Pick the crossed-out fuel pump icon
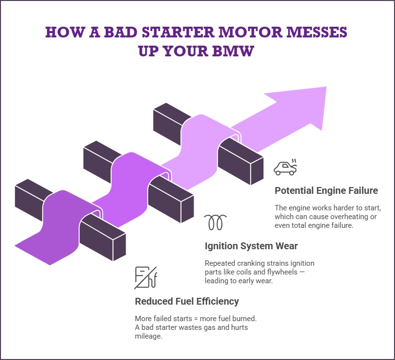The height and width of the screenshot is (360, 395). (145, 277)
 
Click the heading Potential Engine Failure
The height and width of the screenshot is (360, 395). (326, 190)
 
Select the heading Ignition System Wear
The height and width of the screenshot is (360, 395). (251, 245)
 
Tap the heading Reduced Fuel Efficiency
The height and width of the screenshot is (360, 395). (187, 301)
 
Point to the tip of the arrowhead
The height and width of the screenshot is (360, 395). (327, 87)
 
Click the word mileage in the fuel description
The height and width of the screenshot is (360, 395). (148, 335)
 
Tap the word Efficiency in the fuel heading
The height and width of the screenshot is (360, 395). (217, 301)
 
